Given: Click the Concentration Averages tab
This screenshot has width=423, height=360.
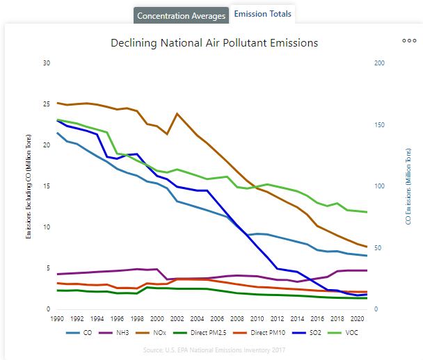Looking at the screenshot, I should click(181, 15).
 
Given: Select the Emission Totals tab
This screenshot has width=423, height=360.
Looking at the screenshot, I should click(262, 14).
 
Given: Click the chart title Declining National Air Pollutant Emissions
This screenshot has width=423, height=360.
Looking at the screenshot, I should click(214, 43).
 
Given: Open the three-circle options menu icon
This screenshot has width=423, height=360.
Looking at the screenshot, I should click(409, 40).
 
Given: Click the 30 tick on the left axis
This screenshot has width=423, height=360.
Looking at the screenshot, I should click(47, 63).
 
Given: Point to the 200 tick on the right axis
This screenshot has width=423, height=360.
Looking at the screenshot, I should click(379, 63).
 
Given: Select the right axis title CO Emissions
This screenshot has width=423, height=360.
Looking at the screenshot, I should click(408, 186).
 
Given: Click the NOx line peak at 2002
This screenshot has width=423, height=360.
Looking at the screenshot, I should click(177, 113).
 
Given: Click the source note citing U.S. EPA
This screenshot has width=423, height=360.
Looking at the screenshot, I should click(214, 350).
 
